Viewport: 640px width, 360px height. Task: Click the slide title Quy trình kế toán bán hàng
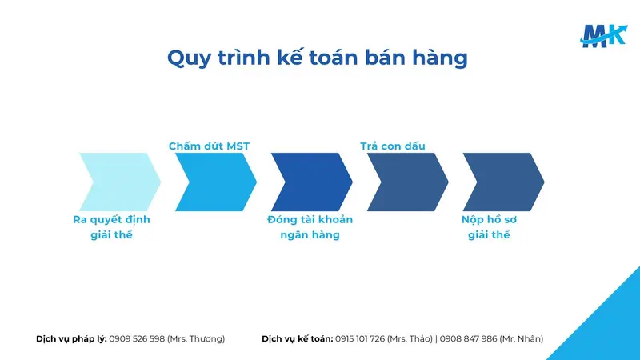[317, 58]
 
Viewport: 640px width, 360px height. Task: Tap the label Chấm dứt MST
[209, 146]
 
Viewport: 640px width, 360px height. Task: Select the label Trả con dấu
[393, 146]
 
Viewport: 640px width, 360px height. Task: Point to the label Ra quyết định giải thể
[111, 227]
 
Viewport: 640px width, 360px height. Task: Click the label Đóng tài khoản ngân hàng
[310, 227]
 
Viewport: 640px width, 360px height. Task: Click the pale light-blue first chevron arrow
[116, 182]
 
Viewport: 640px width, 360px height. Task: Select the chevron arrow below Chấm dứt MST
[213, 182]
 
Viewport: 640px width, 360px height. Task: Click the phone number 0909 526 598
[137, 338]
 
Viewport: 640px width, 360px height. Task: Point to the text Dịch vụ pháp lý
[71, 338]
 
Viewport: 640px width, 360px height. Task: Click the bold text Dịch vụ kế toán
[297, 338]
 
